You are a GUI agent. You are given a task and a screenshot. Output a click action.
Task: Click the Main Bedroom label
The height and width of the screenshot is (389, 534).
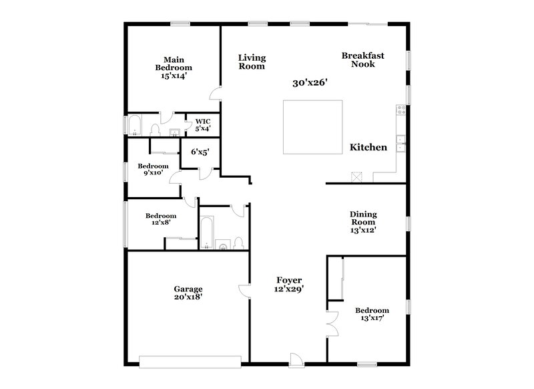click(x=174, y=68)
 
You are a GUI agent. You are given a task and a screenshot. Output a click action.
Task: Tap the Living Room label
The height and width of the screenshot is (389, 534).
click(x=252, y=62)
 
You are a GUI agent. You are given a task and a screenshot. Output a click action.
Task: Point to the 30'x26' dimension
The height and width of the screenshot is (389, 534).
click(x=310, y=84)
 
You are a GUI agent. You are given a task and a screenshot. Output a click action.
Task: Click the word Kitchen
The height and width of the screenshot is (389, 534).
click(x=368, y=147)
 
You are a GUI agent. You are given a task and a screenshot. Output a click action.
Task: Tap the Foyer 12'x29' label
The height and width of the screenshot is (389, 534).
click(x=290, y=284)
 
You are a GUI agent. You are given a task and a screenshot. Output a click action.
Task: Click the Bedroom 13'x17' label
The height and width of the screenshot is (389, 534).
click(x=372, y=314)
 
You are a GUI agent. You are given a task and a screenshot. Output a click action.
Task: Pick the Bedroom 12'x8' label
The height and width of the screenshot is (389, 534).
click(x=161, y=220)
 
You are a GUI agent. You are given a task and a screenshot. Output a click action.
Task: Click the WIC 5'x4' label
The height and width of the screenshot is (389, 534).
click(x=202, y=125)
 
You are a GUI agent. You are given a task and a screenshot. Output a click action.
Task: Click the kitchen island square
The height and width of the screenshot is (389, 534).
click(x=312, y=127)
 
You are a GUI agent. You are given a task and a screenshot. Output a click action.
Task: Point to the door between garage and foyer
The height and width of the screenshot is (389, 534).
click(x=244, y=289)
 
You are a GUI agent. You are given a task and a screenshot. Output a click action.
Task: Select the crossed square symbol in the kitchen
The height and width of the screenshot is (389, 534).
click(x=356, y=176)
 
